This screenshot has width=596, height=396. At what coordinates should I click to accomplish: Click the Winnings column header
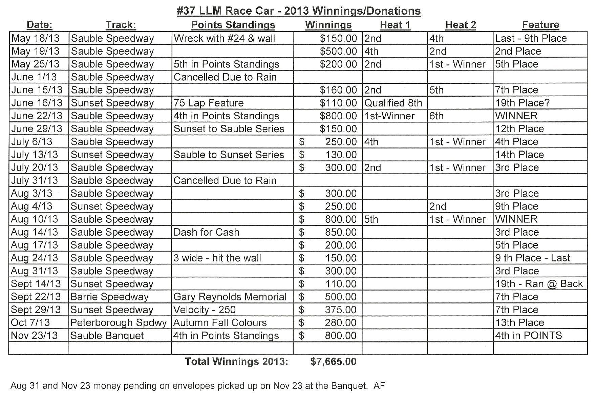pos(328,25)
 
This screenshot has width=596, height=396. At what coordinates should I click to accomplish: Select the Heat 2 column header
pos(460,25)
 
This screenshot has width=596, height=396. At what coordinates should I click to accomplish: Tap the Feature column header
pos(540,25)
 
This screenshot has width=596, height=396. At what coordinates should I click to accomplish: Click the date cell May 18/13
pos(35,38)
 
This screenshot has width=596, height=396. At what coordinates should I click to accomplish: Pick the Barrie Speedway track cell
pos(109,297)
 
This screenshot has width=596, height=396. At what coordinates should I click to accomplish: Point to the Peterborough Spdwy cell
pos(119,322)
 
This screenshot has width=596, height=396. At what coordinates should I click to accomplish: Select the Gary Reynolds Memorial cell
pos(230,297)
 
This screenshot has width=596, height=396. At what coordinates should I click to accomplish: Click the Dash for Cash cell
pos(206,232)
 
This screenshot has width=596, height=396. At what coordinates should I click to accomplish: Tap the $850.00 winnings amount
pos(341,232)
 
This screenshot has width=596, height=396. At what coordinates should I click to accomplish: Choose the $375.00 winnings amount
pos(341,310)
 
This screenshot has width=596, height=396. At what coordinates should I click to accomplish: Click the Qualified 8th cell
pos(393,103)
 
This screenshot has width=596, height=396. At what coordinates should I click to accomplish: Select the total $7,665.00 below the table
pos(333,361)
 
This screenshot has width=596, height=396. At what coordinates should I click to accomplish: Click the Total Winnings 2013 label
pos(236,361)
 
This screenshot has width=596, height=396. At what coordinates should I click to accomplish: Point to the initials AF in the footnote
pos(380,385)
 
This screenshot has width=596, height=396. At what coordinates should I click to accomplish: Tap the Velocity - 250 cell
pos(204,310)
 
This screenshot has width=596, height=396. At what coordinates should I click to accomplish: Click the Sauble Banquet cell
pos(107,335)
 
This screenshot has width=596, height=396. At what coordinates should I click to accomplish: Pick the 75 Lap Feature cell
pos(209,103)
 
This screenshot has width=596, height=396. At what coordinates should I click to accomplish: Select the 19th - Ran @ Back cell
pos(539,284)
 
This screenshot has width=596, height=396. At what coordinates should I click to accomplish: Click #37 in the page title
pos(186,11)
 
